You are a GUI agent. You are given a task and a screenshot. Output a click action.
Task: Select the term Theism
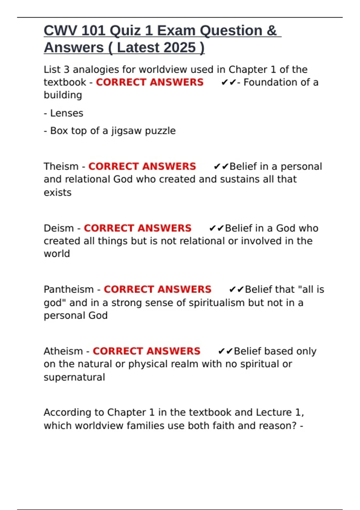[61, 166]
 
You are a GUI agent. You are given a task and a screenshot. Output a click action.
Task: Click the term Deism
[58, 228]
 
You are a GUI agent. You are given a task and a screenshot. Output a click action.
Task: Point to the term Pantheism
[69, 289]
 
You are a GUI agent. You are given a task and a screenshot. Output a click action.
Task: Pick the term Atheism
[63, 351]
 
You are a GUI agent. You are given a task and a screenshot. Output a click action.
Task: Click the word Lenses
[67, 113]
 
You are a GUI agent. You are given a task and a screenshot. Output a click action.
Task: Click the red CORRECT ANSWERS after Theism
[142, 166]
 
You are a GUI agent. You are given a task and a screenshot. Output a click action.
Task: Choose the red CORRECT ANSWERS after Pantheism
[157, 289]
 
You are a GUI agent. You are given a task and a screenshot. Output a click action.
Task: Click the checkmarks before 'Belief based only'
[225, 351]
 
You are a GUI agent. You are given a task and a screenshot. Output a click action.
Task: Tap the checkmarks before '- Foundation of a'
[229, 82]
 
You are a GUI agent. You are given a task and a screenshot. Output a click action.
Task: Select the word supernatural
[74, 377]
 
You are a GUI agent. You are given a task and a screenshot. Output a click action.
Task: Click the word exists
[58, 193]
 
